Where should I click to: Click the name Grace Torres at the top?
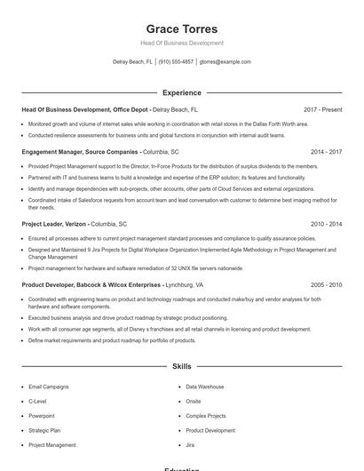pos(182,28)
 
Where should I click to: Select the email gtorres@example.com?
pos(226,62)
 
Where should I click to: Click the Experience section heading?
pos(182,92)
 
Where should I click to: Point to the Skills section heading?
pos(182,366)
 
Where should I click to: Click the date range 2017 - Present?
pos(322,109)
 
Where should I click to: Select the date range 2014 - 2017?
pos(327,152)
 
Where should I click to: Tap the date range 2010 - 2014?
pos(327,225)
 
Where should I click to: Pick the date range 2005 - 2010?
pos(327,285)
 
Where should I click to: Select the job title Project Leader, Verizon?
pos(54,225)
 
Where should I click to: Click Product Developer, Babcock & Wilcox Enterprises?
pos(92,285)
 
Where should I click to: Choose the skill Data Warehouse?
pos(204,387)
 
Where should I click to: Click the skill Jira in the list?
pos(190,444)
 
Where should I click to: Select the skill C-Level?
pos(37,402)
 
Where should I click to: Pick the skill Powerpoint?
pos(42,416)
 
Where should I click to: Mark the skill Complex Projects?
pos(206,416)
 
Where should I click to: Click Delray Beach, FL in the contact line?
pos(132,62)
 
